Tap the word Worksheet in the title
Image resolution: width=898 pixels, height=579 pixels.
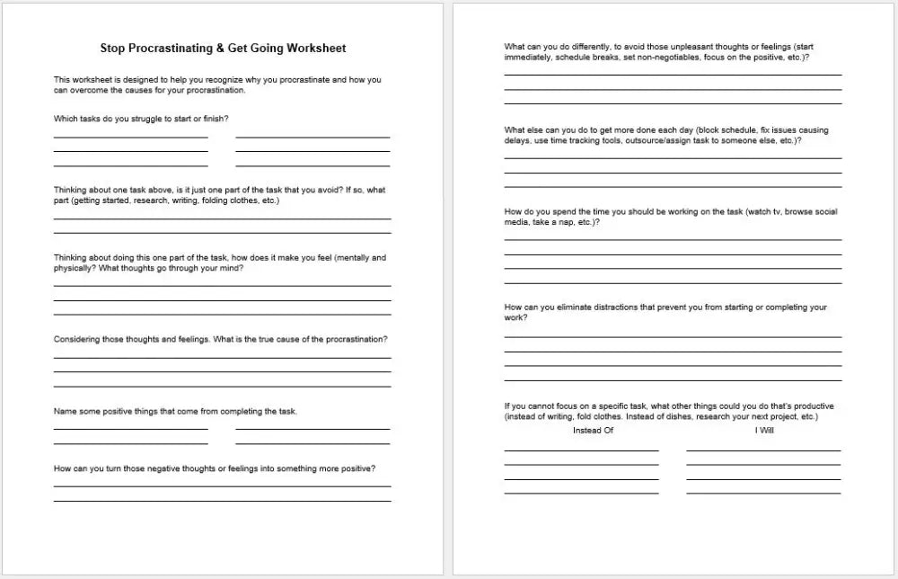point(313,49)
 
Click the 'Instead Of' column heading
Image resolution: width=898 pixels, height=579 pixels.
point(593,431)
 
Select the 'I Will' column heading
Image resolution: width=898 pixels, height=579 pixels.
point(764,431)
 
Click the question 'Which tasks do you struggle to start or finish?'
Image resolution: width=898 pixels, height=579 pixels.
point(147,119)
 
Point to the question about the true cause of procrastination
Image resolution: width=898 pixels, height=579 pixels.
point(221,340)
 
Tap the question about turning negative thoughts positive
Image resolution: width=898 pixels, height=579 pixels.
point(215,468)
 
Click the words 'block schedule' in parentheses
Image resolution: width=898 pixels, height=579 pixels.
point(729,130)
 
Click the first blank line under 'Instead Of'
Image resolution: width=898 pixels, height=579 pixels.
point(581,450)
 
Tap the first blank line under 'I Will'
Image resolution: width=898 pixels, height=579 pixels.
point(763,450)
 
